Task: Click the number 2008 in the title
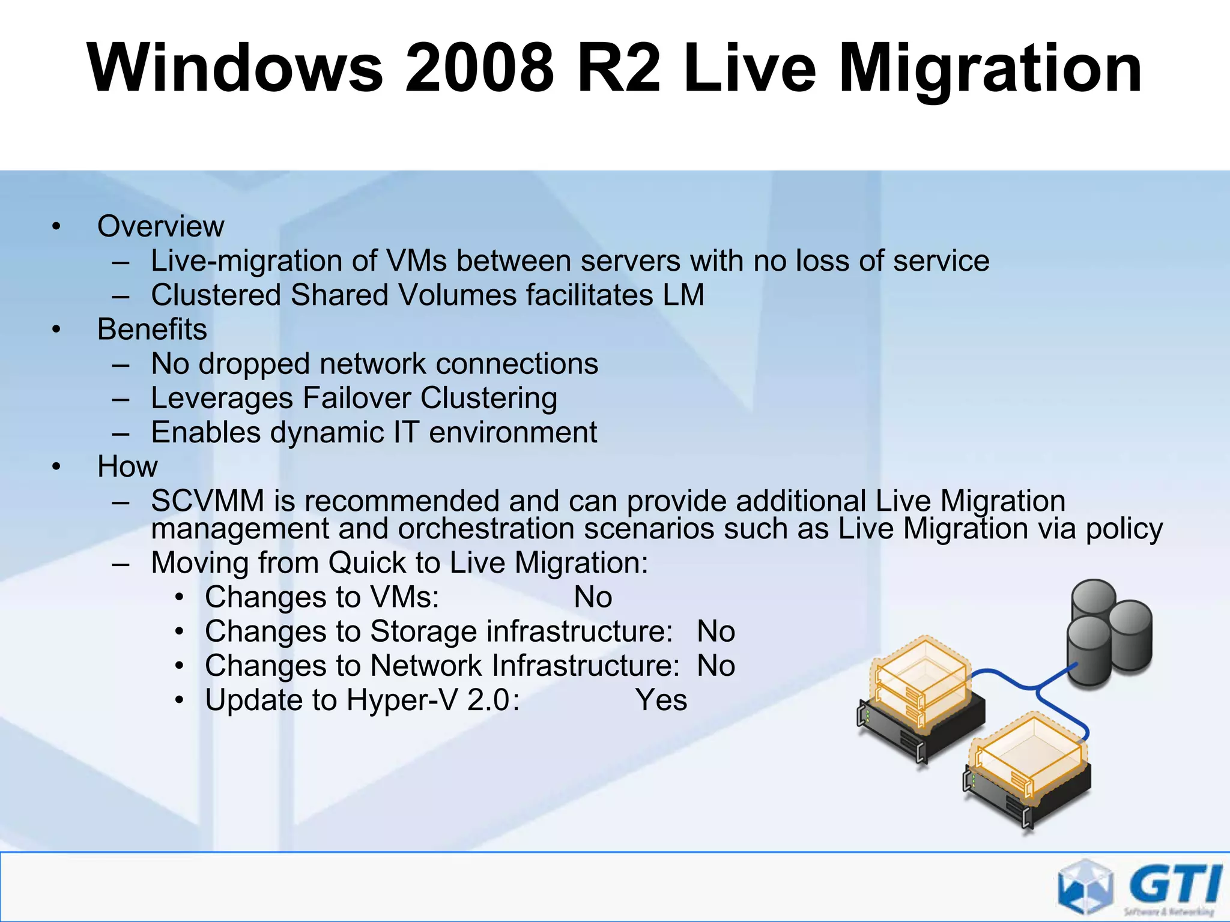(479, 68)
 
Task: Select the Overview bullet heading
(160, 226)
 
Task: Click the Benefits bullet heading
(152, 329)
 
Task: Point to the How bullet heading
(127, 466)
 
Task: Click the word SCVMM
(207, 501)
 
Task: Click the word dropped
(254, 364)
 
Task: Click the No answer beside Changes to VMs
(593, 597)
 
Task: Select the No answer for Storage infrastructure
(716, 631)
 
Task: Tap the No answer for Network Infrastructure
(716, 666)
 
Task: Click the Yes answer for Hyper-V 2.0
(661, 700)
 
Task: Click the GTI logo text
(1175, 885)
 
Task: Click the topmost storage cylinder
(1093, 598)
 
